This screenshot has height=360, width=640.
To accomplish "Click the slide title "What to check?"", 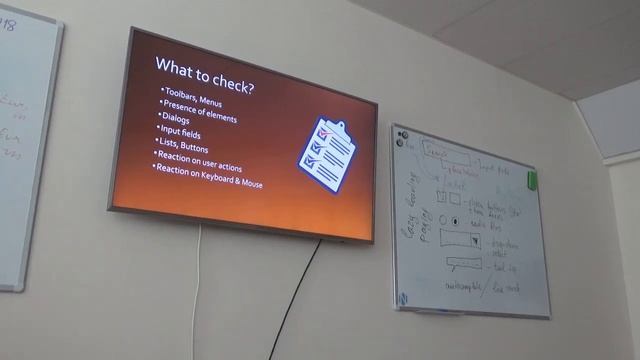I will click(x=205, y=67).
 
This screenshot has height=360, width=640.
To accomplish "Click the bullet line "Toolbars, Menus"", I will click(x=194, y=93).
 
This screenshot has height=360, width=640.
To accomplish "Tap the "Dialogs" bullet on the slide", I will click(x=177, y=118).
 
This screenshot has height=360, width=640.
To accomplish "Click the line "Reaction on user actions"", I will click(x=199, y=156).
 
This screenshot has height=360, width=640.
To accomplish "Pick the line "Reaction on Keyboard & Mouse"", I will click(x=208, y=170).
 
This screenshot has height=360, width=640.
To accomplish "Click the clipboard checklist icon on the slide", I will click(x=326, y=154).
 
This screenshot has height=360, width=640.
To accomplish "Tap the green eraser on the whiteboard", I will click(x=532, y=180).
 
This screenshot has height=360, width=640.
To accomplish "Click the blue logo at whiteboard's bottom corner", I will click(x=403, y=298).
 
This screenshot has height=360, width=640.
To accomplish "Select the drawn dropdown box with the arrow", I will click(x=461, y=241).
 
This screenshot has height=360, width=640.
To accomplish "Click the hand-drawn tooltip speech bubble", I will click(x=464, y=264).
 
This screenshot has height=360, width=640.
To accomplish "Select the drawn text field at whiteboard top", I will click(x=446, y=154).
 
